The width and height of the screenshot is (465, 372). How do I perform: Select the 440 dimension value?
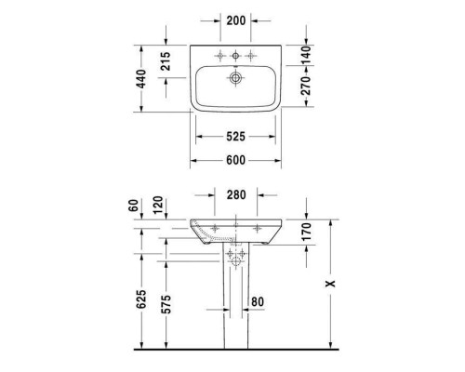(141, 77)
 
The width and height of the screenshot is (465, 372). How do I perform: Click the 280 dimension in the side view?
(235, 196)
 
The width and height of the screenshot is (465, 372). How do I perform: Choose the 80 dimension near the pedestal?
(258, 301)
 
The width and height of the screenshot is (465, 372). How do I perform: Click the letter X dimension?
(332, 283)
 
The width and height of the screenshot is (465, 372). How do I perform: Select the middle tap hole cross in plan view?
(236, 52)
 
